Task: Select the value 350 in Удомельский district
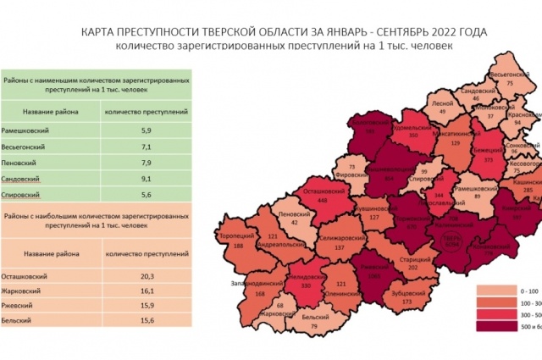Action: click(x=413, y=136)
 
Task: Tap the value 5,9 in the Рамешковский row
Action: click(x=145, y=130)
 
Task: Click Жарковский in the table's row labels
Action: click(x=30, y=289)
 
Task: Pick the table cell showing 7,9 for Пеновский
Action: click(x=145, y=163)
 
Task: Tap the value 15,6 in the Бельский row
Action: click(x=145, y=321)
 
